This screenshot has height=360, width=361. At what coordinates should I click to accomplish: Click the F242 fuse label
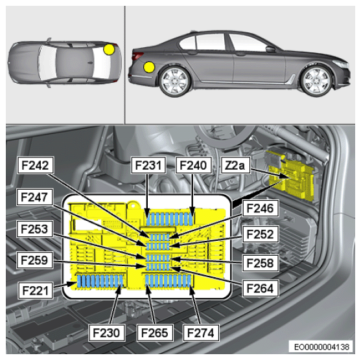point(36,165)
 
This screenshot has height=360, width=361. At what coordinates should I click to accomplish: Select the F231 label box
point(148,165)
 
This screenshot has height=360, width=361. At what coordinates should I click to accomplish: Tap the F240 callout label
point(193,165)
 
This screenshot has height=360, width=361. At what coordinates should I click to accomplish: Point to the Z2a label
point(235,165)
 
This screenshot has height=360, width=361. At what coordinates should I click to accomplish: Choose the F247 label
point(35,197)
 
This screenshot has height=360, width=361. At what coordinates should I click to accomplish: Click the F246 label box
point(260,208)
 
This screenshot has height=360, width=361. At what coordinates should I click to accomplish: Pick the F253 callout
point(35,229)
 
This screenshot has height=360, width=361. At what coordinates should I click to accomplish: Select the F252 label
point(260,234)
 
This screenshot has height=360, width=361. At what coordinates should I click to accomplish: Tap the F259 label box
point(35,260)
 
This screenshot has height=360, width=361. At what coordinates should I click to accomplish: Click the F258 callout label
point(260,263)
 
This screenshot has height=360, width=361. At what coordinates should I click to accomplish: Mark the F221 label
point(36,290)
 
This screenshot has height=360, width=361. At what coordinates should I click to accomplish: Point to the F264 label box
point(260,288)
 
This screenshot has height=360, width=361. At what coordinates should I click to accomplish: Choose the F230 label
point(107,333)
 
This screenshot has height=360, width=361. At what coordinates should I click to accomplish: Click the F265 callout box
point(155,333)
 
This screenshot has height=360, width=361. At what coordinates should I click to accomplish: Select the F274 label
point(201,333)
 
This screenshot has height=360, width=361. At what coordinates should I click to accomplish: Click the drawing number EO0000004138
point(321,346)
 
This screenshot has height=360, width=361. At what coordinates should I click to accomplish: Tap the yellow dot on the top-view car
point(109,49)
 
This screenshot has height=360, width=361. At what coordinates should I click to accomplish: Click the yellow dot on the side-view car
point(149,67)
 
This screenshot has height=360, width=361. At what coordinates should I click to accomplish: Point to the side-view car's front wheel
point(316,81)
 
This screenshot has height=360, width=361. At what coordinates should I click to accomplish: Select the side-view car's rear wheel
point(175,81)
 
